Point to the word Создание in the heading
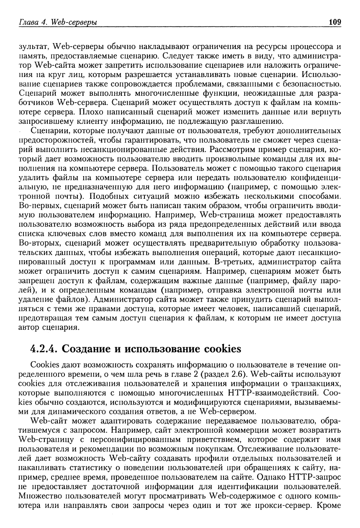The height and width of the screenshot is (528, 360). click(86, 349)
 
